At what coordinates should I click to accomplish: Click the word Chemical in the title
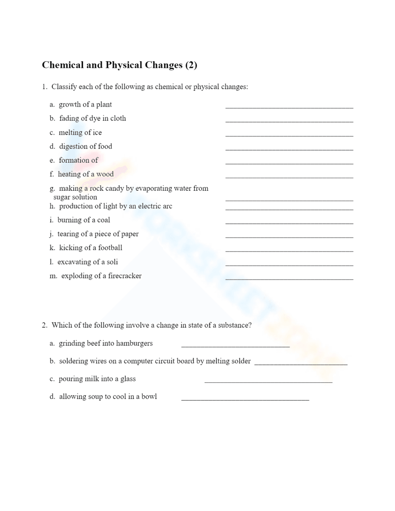[x=62, y=65]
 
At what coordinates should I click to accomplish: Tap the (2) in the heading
[x=191, y=65]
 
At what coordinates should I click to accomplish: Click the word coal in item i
[x=103, y=220]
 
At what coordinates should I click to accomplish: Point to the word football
[x=110, y=248]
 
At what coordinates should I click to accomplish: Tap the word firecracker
[x=124, y=276]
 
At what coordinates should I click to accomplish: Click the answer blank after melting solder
[x=301, y=363]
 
